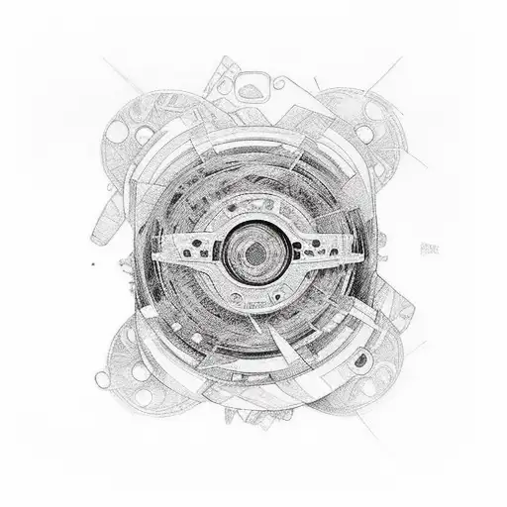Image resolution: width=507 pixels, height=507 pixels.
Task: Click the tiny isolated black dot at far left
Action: click(x=91, y=264)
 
